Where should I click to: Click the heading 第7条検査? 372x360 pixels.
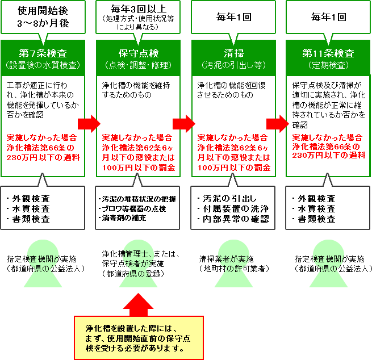(43, 53)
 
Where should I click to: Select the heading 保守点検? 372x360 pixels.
(139, 53)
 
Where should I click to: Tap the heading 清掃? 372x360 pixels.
(233, 53)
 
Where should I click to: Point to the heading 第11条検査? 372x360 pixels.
(328, 53)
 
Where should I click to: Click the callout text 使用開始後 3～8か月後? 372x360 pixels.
(43, 17)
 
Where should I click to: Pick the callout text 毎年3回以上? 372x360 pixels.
(139, 9)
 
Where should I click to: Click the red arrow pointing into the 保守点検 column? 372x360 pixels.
(89, 124)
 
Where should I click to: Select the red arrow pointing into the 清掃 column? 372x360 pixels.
(184, 124)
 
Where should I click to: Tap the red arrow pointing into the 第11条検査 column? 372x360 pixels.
(278, 124)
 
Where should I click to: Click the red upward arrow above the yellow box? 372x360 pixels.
(139, 305)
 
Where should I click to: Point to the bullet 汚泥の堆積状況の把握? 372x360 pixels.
(137, 199)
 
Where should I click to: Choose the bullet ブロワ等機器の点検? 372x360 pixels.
(132, 209)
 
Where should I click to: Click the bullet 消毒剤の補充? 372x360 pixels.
(122, 218)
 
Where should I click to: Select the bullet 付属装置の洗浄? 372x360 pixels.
(233, 209)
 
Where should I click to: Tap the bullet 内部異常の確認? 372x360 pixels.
(233, 219)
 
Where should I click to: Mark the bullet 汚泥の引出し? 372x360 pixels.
(227, 199)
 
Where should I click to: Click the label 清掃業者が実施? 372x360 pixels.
(227, 259)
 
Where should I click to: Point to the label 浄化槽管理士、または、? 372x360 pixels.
(141, 254)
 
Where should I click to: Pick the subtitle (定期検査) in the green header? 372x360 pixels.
(328, 65)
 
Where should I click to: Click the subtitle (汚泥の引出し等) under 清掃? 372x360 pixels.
(233, 65)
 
